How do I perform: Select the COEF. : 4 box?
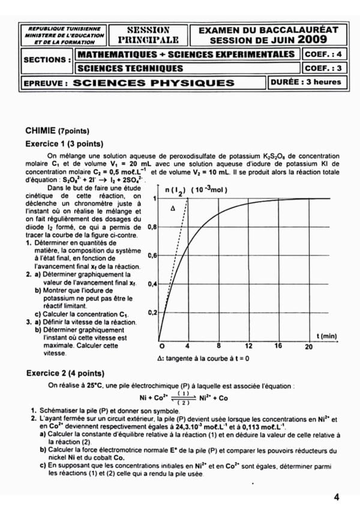coord(323,54)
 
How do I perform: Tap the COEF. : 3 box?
coord(323,68)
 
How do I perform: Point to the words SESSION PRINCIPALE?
coord(148,35)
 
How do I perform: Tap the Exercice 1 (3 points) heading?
coord(64,144)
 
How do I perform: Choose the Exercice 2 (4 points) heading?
coord(64,373)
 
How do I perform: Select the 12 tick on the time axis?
coord(249,347)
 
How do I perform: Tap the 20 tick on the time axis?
coord(308,347)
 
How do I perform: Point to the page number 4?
coord(337,497)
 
